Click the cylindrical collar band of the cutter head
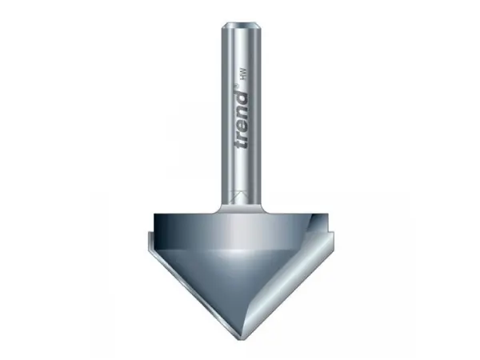pyautogui.click(x=240, y=228)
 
